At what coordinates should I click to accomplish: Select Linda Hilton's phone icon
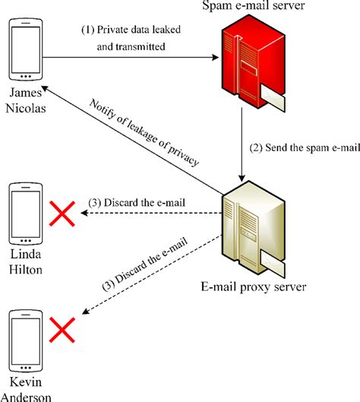click(24, 212)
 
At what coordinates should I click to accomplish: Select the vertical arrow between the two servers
click(242, 144)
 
